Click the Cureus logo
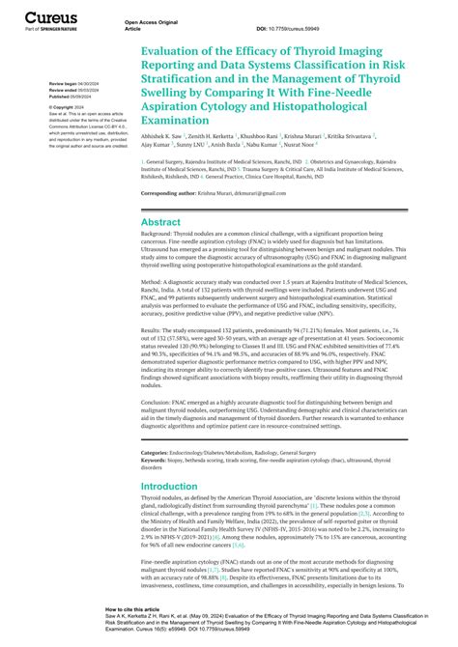(49, 17)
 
